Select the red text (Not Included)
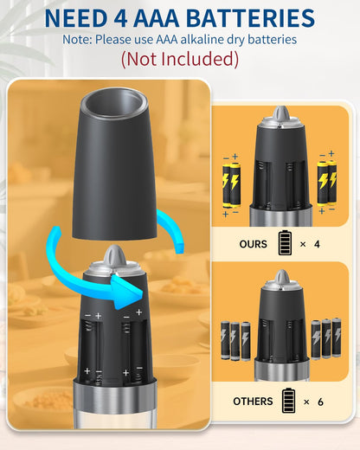(179, 60)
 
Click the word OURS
(254, 244)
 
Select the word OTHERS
(253, 401)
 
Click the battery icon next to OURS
(285, 243)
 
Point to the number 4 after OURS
(317, 244)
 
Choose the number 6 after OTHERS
(321, 401)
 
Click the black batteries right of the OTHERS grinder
(325, 337)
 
